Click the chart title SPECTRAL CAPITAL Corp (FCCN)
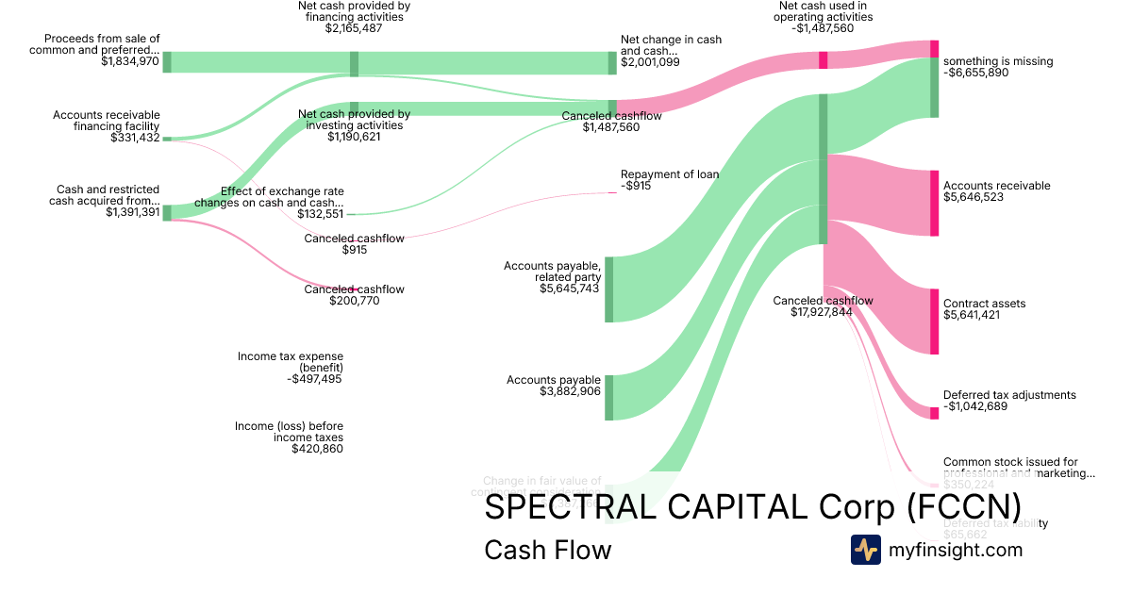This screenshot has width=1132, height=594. click(x=752, y=507)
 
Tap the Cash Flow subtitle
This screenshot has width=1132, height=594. click(x=547, y=550)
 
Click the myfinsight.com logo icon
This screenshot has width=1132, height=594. click(x=865, y=550)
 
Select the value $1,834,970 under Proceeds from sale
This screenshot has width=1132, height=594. click(x=130, y=61)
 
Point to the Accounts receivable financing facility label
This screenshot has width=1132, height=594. click(x=107, y=121)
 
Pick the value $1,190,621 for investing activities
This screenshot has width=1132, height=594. click(x=354, y=137)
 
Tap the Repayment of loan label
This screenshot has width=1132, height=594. click(x=670, y=174)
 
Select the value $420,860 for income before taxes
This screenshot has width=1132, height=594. click(x=317, y=449)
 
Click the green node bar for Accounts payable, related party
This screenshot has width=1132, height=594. click(x=608, y=289)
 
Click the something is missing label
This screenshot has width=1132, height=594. click(x=998, y=61)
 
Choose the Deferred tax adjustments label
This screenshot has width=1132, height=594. click(x=1009, y=395)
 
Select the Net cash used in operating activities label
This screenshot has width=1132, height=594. click(x=823, y=16)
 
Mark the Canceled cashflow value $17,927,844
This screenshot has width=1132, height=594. click(x=823, y=312)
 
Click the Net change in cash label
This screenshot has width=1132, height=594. click(x=671, y=45)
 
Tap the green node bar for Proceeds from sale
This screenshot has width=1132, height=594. click(x=167, y=62)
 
